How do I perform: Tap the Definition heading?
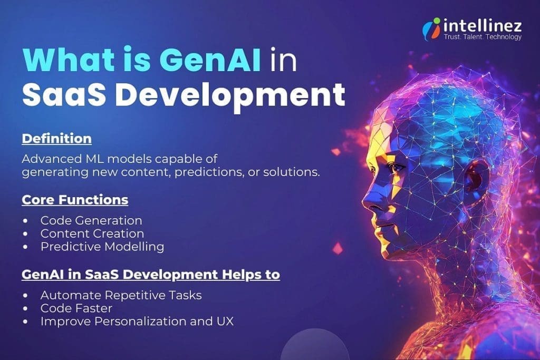click(56, 139)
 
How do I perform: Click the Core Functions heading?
click(75, 201)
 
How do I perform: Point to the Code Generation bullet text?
click(91, 220)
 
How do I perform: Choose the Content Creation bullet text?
click(92, 233)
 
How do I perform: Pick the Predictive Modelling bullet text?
click(102, 247)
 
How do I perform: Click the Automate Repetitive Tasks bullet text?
click(121, 295)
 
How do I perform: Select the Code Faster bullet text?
click(76, 308)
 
